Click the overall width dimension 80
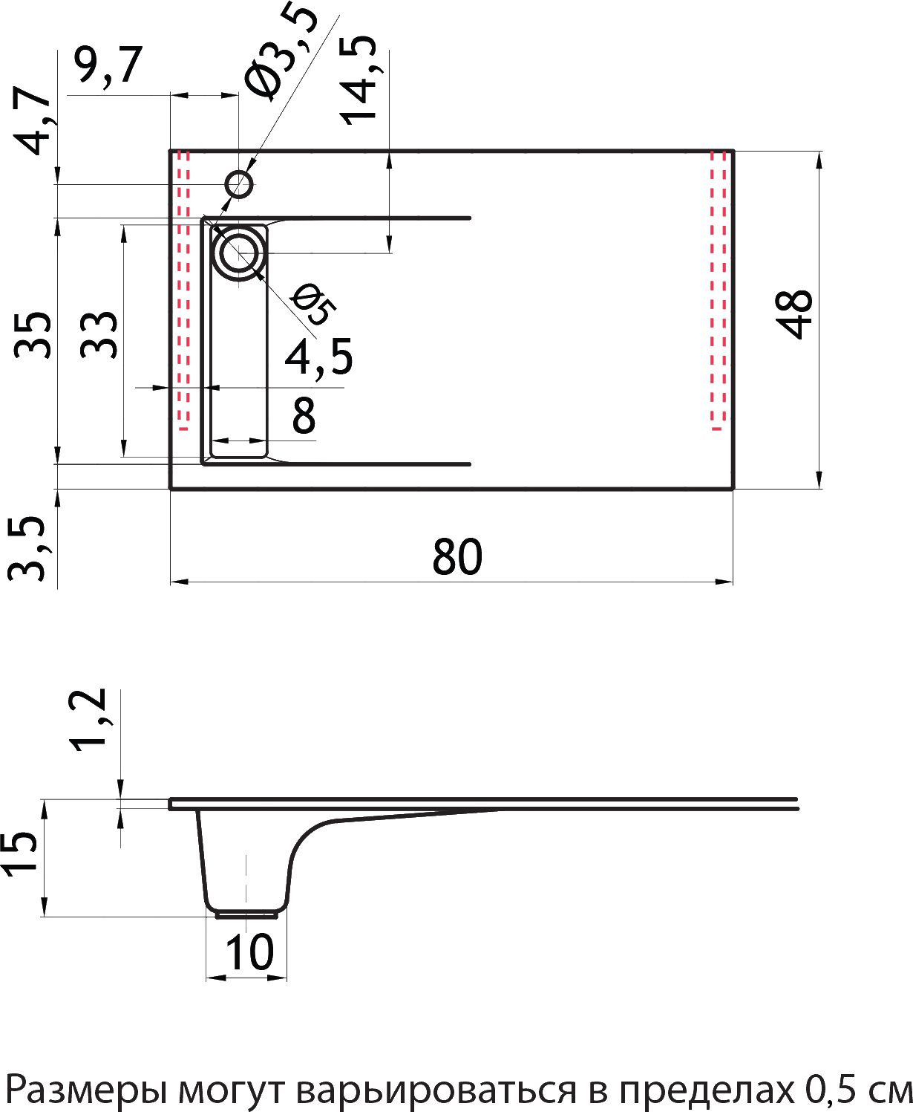[456, 557]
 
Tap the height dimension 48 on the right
[796, 314]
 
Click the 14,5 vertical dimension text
[359, 80]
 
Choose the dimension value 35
[33, 336]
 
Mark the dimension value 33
[99, 336]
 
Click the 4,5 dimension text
[318, 357]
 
